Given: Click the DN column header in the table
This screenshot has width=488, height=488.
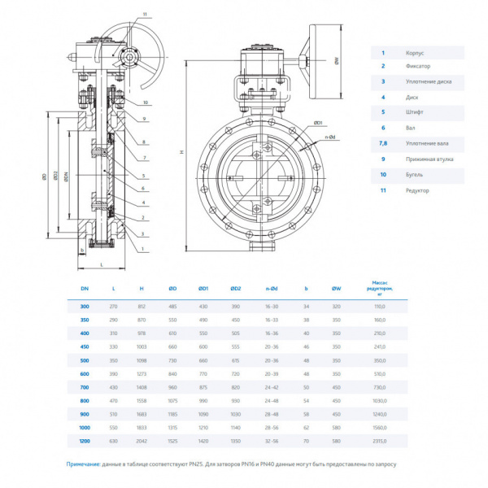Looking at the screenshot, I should (x=84, y=288).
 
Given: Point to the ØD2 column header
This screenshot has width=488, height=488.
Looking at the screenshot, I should (x=236, y=288).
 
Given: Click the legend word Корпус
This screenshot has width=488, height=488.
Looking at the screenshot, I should (x=414, y=52).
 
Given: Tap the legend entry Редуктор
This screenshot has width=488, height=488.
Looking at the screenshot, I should (x=417, y=190).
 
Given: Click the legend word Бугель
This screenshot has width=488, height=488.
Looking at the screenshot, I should (x=414, y=174).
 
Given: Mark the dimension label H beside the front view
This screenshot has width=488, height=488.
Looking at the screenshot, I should (x=182, y=153).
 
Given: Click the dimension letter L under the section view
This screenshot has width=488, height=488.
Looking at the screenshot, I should (x=101, y=265).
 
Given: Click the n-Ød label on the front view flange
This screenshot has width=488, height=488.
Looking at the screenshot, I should (x=331, y=138).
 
